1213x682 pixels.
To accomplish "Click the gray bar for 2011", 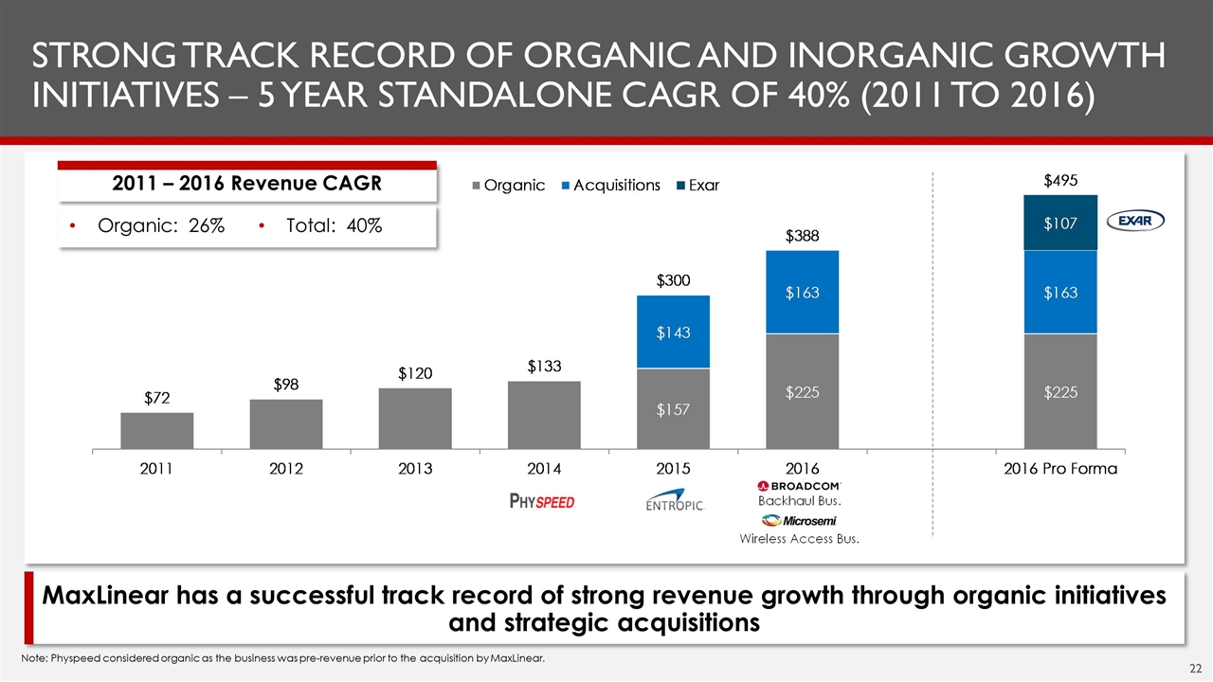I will pos(157,430).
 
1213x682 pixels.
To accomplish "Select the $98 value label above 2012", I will pos(285,384).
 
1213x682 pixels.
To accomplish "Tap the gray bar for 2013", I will pos(415,418).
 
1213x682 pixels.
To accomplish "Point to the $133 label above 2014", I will pos(544,366).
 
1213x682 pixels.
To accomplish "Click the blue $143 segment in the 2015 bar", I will pos(673,332).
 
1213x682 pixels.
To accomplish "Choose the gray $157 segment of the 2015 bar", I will pos(673,409).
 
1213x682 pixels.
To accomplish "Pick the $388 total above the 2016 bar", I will pos(802,235).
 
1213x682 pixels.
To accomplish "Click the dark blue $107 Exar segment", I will pos(1059,223).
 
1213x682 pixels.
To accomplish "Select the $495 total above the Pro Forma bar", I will pos(1059,180).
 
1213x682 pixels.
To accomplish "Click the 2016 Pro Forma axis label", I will pos(1059,469).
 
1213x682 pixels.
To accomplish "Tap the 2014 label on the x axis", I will pos(544,469).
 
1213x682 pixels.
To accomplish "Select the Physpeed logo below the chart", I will pos(542,501).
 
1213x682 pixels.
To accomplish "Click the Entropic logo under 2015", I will pos(674,504).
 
